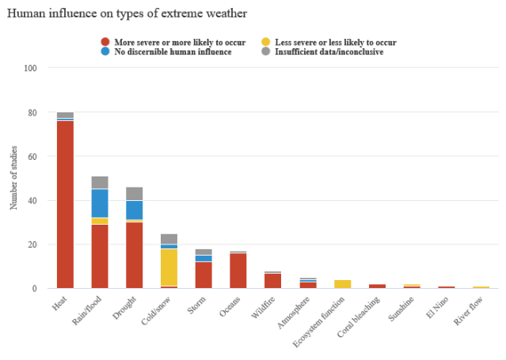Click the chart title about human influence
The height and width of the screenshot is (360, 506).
pyautogui.click(x=127, y=13)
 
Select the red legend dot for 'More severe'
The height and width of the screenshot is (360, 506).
pyautogui.click(x=105, y=42)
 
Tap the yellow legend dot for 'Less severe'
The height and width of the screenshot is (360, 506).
pyautogui.click(x=266, y=42)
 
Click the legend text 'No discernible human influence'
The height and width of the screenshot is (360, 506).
pyautogui.click(x=173, y=51)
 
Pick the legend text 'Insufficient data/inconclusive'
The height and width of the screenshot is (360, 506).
pyautogui.click(x=329, y=51)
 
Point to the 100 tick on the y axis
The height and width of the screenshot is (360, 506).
pyautogui.click(x=31, y=69)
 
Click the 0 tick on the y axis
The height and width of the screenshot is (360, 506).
pyautogui.click(x=35, y=289)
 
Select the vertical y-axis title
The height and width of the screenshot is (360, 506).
pyautogui.click(x=13, y=178)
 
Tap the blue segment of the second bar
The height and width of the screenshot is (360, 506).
pyautogui.click(x=100, y=203)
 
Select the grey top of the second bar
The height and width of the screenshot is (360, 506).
pyautogui.click(x=100, y=182)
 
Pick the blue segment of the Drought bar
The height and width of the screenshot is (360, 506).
pyautogui.click(x=135, y=210)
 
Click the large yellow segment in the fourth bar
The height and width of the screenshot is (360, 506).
pyautogui.click(x=169, y=267)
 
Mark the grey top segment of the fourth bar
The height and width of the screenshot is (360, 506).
pyautogui.click(x=169, y=238)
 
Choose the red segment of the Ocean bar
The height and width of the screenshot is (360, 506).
pyautogui.click(x=238, y=270)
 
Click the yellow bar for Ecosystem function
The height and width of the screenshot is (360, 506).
pyautogui.click(x=342, y=283)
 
